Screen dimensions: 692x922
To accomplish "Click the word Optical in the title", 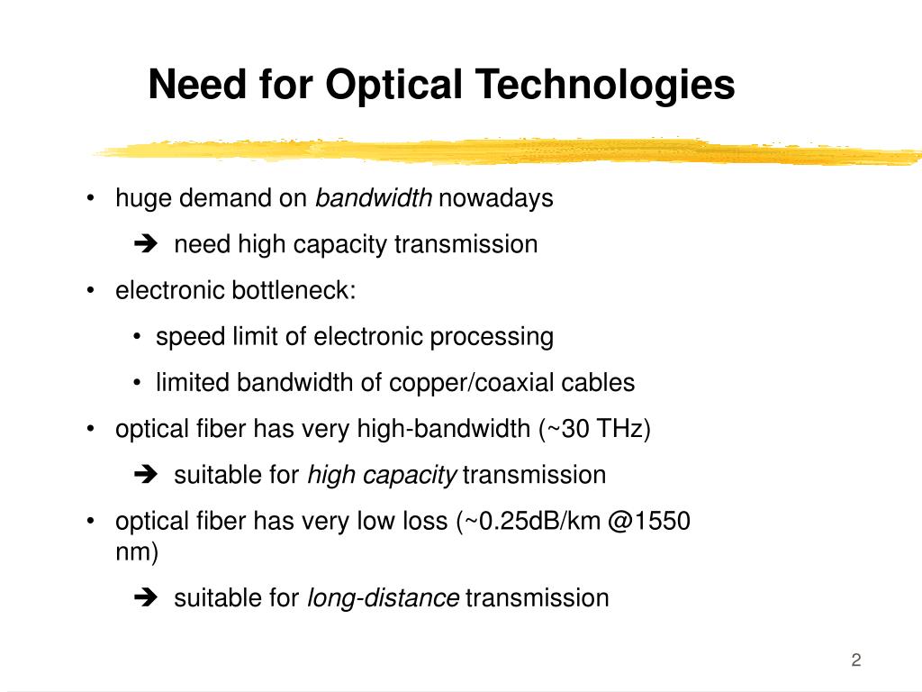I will click(393, 86).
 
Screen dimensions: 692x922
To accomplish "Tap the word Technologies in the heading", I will click(605, 86).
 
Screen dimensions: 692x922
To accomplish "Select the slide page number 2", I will click(856, 660).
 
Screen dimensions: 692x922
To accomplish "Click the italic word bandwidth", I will click(374, 198).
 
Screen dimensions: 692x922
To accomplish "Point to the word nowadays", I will click(496, 198).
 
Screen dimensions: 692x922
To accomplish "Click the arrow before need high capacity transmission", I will click(144, 244).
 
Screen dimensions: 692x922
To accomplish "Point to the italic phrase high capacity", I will click(383, 475).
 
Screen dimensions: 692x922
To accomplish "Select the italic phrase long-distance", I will click(384, 597).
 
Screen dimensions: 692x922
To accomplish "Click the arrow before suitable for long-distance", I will click(144, 597).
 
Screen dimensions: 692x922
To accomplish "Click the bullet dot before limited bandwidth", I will click(135, 383).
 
